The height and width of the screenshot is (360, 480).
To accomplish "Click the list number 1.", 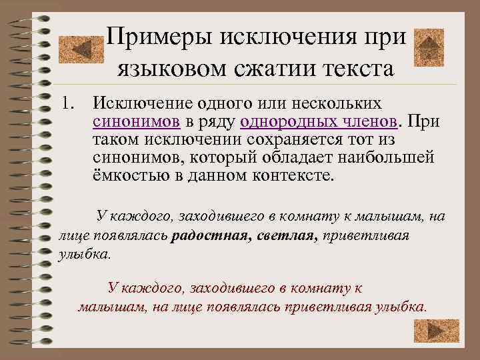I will (x=66, y=104).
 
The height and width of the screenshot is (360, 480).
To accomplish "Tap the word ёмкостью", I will (x=134, y=177).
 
